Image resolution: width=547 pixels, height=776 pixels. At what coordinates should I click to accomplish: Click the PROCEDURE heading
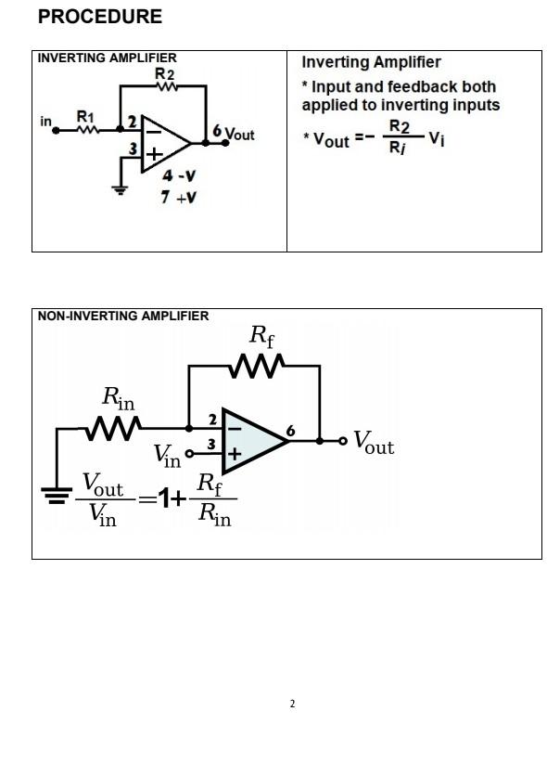[x=100, y=17]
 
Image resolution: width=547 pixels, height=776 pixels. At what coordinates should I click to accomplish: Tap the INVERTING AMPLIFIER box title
[x=107, y=58]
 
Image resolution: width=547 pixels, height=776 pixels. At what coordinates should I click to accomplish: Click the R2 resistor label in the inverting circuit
[x=164, y=73]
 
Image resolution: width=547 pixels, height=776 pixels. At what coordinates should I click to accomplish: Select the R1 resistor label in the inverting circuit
[x=84, y=116]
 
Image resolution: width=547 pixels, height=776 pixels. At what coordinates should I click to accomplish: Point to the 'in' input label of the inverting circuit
[x=45, y=122]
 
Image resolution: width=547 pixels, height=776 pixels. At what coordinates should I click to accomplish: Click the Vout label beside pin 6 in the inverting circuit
[x=239, y=135]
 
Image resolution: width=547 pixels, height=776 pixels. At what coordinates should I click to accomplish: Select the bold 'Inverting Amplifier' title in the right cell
[x=371, y=62]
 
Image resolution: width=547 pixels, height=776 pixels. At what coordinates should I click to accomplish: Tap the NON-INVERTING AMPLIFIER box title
[x=123, y=316]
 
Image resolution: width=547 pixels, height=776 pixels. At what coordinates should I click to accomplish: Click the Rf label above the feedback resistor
[x=263, y=335]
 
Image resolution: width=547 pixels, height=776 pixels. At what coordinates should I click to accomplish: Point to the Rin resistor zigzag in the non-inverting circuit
[x=113, y=429]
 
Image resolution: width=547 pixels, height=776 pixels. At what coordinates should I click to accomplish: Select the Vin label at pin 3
[x=167, y=455]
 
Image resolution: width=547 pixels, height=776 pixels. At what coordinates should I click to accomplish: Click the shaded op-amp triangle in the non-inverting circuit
[x=251, y=441]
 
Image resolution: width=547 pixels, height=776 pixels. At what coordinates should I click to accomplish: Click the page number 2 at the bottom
[x=292, y=705]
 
